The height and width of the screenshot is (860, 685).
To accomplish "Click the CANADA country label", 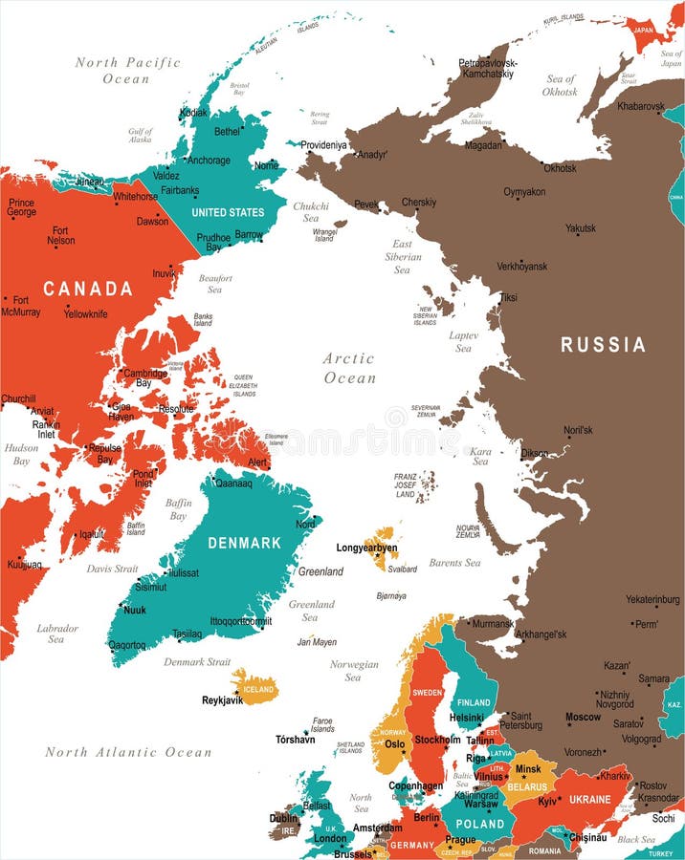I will point(87,289).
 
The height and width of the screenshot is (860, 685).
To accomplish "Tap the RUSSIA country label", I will point(603,345).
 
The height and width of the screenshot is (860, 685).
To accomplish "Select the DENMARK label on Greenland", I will point(245,543).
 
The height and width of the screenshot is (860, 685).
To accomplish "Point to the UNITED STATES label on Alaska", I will point(228,212).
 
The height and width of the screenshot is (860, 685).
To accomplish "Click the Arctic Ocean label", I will point(349,368).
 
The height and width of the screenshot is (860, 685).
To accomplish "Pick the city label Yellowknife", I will point(86,313).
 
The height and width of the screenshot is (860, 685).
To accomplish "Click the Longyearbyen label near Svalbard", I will point(367,548).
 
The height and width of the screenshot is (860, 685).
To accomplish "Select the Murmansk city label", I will point(493,624).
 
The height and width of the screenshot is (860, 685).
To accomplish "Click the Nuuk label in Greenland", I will point(135,610).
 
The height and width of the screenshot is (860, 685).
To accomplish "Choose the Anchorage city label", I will point(209,161).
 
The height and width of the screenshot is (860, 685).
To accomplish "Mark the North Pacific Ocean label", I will point(127,71).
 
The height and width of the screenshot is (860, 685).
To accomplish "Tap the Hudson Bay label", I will point(21,454).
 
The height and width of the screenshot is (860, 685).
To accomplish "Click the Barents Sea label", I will point(454,563).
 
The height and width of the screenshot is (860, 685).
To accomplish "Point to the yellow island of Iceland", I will point(254,686).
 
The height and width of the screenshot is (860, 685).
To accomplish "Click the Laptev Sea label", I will point(463,342).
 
